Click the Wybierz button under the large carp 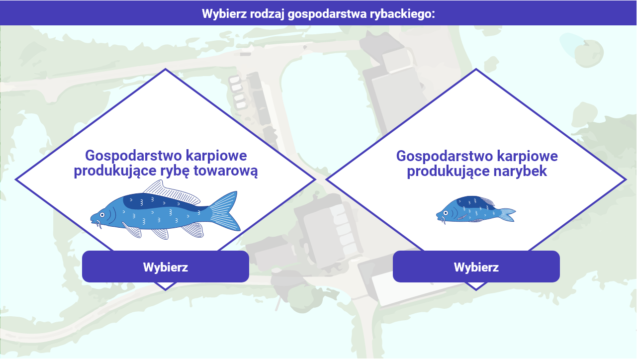[165, 267]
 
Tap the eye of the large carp [102, 215]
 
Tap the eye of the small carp [446, 213]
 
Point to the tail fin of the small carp [507, 214]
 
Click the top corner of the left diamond [165, 70]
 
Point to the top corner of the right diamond [476, 70]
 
